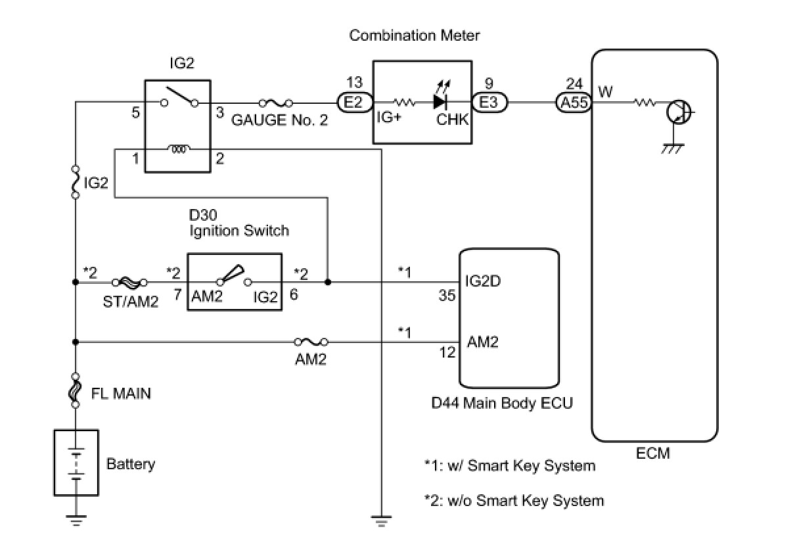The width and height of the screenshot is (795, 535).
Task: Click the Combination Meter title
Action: coord(414,35)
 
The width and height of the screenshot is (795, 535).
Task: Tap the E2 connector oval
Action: coord(354,103)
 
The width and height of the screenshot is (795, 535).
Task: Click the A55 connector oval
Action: coord(574,103)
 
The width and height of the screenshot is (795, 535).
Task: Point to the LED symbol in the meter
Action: coord(441,101)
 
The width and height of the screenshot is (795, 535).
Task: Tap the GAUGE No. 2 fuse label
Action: coord(279,120)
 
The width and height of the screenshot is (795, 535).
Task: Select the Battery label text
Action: coord(131,464)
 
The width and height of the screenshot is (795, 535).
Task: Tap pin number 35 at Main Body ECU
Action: coord(447,296)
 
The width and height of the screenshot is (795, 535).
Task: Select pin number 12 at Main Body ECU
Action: coord(447,353)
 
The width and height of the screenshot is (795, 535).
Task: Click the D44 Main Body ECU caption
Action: coord(502,403)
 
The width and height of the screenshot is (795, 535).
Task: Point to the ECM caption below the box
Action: coord(653,453)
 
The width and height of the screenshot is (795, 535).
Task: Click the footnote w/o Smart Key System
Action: coord(514,501)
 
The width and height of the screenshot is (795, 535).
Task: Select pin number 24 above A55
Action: coord(574,83)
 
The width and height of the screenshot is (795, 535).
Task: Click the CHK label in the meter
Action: coord(451,120)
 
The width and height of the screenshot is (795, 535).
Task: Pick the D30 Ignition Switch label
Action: coord(239,223)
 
